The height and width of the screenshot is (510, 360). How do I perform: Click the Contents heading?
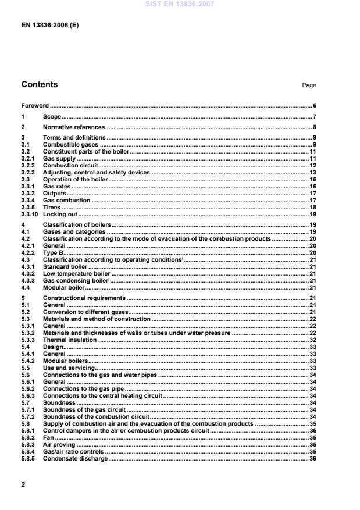click(40, 85)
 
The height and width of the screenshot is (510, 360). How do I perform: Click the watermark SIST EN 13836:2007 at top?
click(180, 5)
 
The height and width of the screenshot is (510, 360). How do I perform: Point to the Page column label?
click(309, 85)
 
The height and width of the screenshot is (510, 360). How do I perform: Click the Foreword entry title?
click(35, 106)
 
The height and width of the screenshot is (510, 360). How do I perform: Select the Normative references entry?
click(74, 127)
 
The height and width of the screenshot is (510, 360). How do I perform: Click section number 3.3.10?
click(30, 215)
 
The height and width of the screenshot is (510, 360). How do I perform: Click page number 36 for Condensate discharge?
click(312, 459)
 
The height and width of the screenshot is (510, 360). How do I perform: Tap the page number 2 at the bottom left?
click(23, 484)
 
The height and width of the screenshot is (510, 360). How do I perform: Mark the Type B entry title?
click(54, 253)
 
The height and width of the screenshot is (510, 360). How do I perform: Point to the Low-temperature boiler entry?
click(76, 273)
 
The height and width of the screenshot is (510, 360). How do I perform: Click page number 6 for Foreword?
click(314, 106)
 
